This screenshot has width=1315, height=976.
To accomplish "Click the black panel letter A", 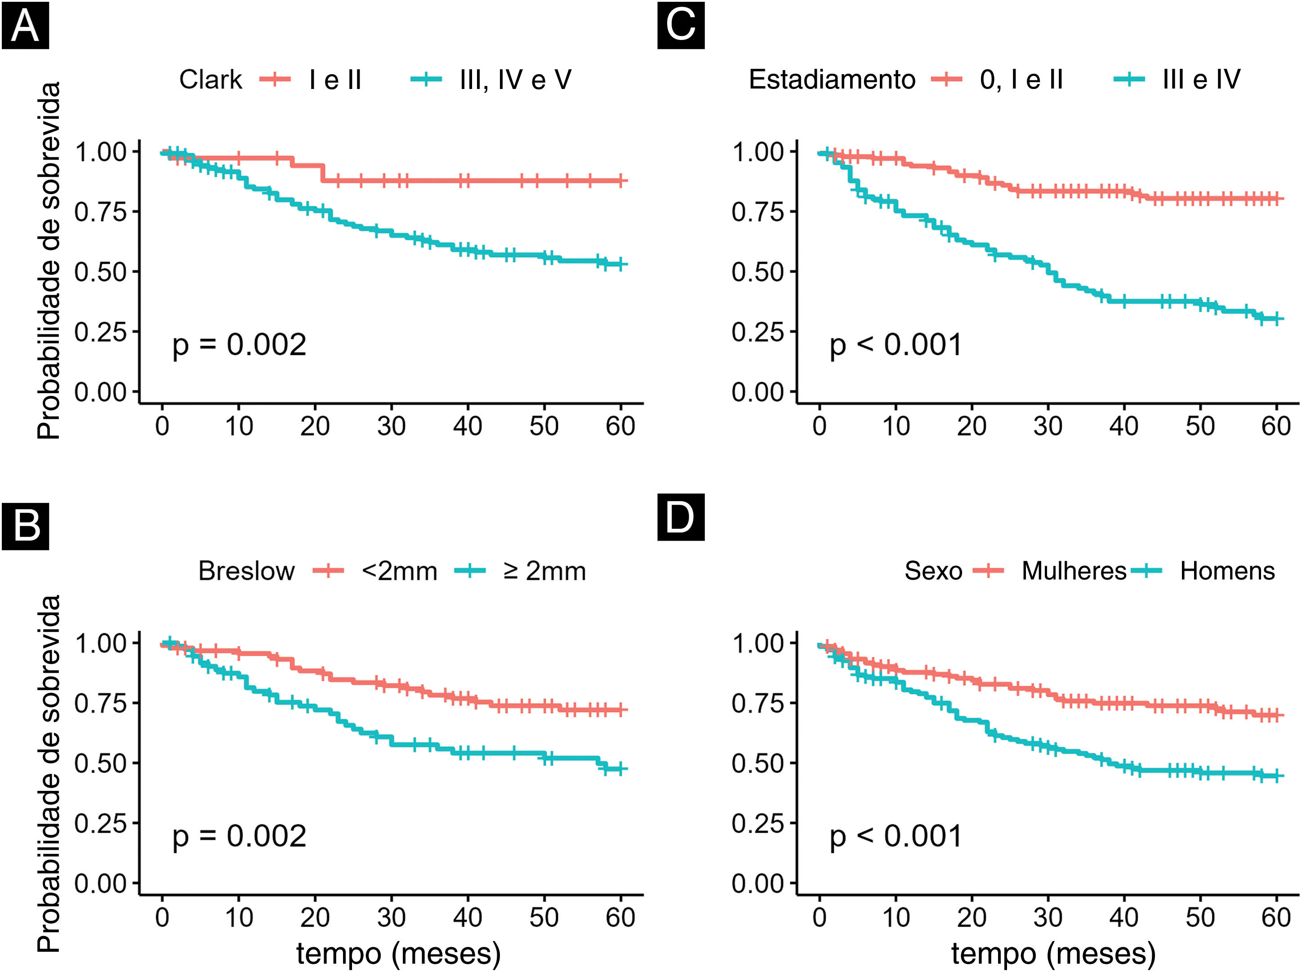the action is point(26,26).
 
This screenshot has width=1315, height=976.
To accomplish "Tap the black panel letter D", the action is point(681,517).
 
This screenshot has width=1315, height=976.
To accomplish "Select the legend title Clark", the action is point(210,80).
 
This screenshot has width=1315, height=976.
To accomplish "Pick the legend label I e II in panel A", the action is point(335,80).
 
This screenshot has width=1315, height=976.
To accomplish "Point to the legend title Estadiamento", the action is point(832,80).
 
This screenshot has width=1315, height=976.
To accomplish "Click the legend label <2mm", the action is point(400,571).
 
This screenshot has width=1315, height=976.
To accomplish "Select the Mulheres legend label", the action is point(1074,571).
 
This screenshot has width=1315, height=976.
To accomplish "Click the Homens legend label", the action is point(1227,571).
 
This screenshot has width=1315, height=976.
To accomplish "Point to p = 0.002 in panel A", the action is point(239,346).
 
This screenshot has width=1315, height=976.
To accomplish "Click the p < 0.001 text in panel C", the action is point(896,346).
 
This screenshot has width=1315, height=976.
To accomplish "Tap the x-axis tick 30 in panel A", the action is point(391,426).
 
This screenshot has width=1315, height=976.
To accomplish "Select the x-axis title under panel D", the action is point(1053,954).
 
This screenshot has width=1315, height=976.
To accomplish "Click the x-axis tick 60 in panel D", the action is point(1276,918).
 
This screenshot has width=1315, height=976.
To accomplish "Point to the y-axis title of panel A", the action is point(49,260).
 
